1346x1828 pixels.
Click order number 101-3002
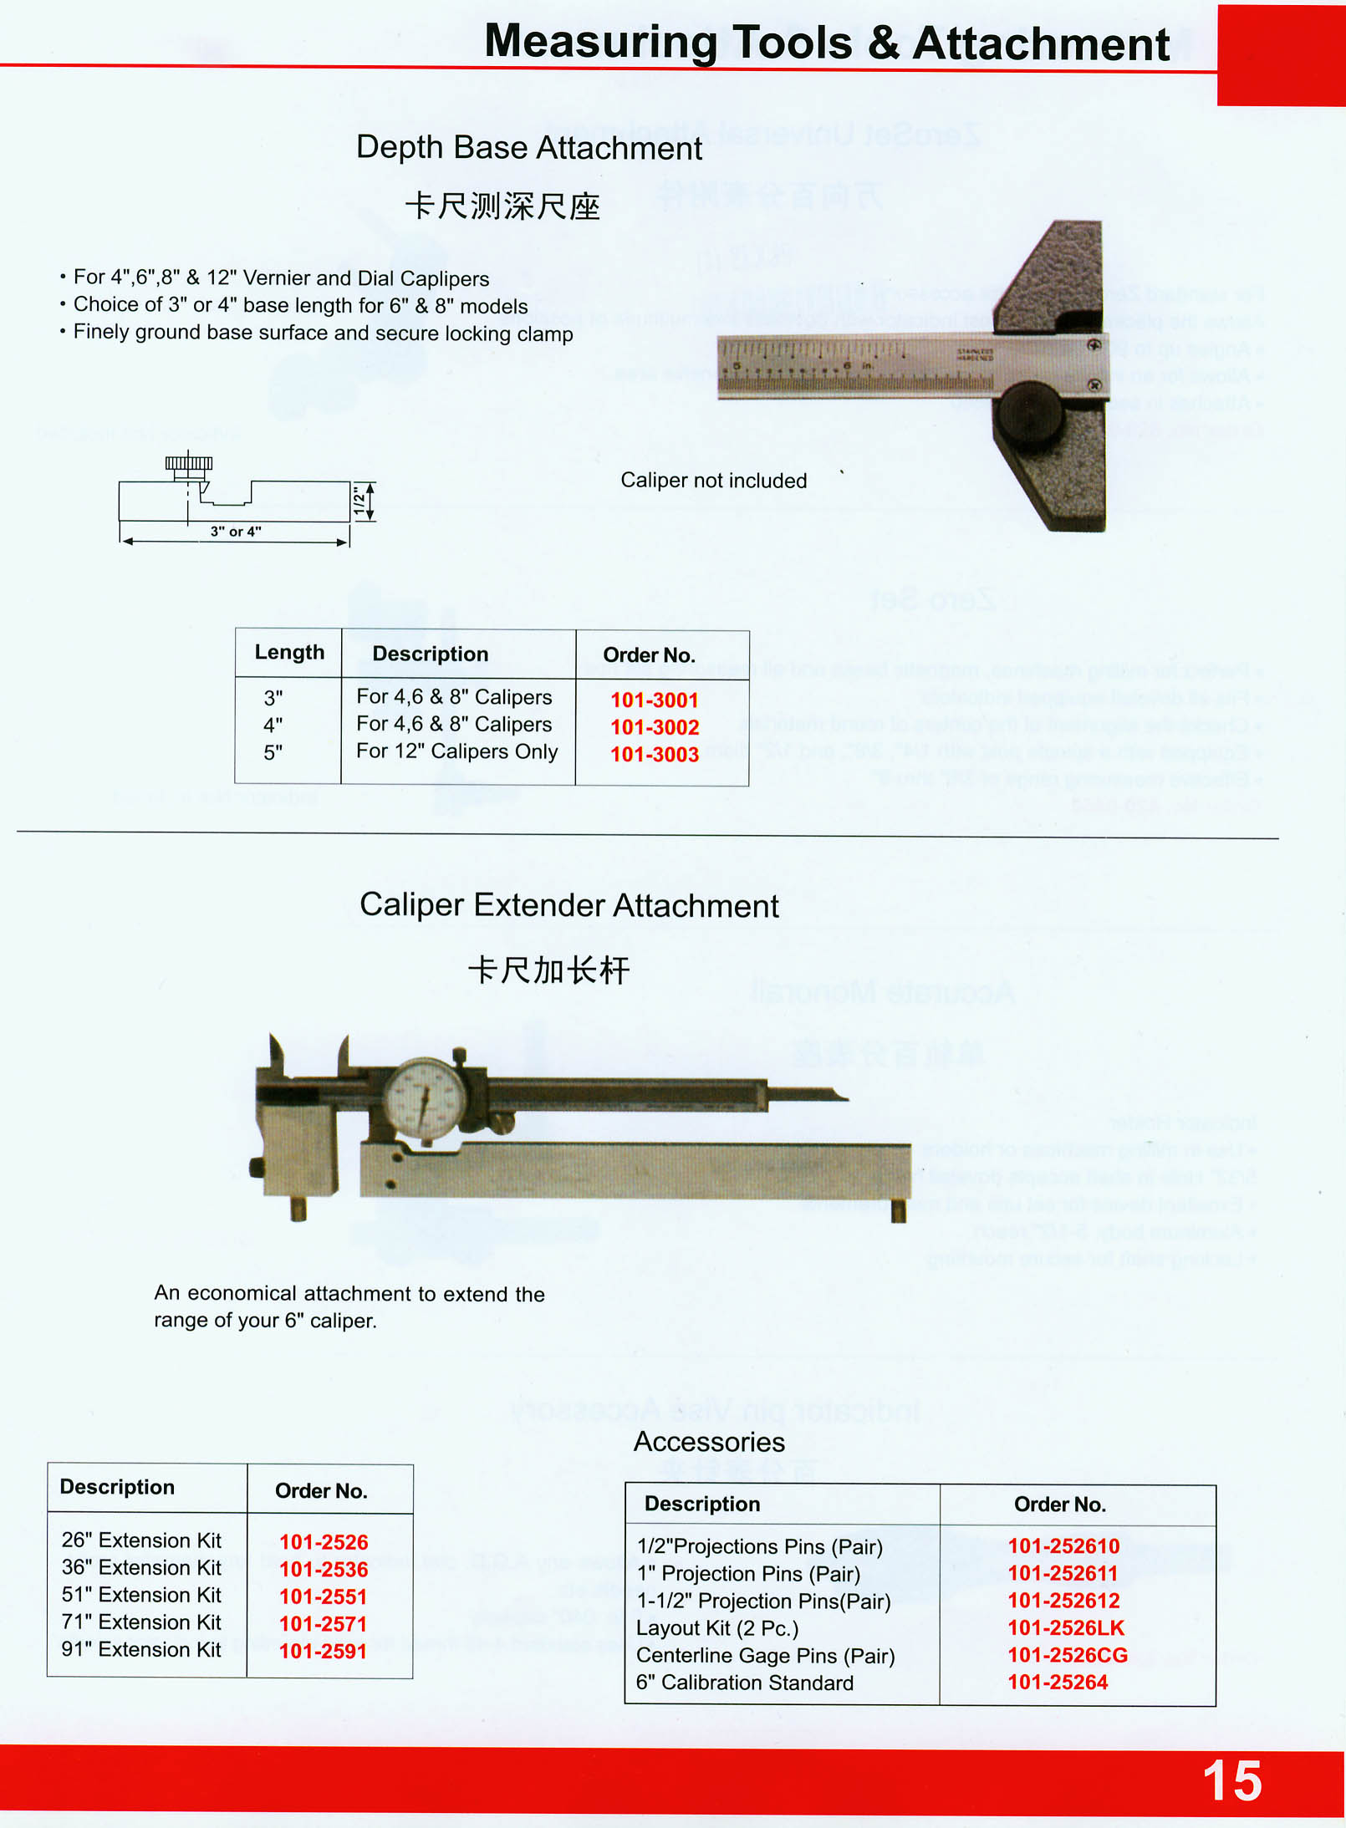655,727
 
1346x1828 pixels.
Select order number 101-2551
323,1596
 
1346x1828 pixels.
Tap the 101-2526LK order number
1066,1627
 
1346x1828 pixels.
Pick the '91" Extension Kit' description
141,1649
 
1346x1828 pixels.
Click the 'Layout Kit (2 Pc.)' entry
717,1628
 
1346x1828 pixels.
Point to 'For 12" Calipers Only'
456,751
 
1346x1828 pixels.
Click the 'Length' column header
289,653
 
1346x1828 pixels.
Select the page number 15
1231,1781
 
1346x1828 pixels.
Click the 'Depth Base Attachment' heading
529,148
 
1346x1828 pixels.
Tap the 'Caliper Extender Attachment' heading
568,906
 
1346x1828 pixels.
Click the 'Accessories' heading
709,1442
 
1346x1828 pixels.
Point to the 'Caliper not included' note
713,481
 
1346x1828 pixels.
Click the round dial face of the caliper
425,1099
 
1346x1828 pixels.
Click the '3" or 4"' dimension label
236,532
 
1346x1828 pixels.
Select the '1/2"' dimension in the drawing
359,502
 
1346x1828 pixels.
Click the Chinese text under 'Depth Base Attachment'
502,206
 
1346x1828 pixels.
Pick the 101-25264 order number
1058,1682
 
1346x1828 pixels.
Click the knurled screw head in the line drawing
189,463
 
